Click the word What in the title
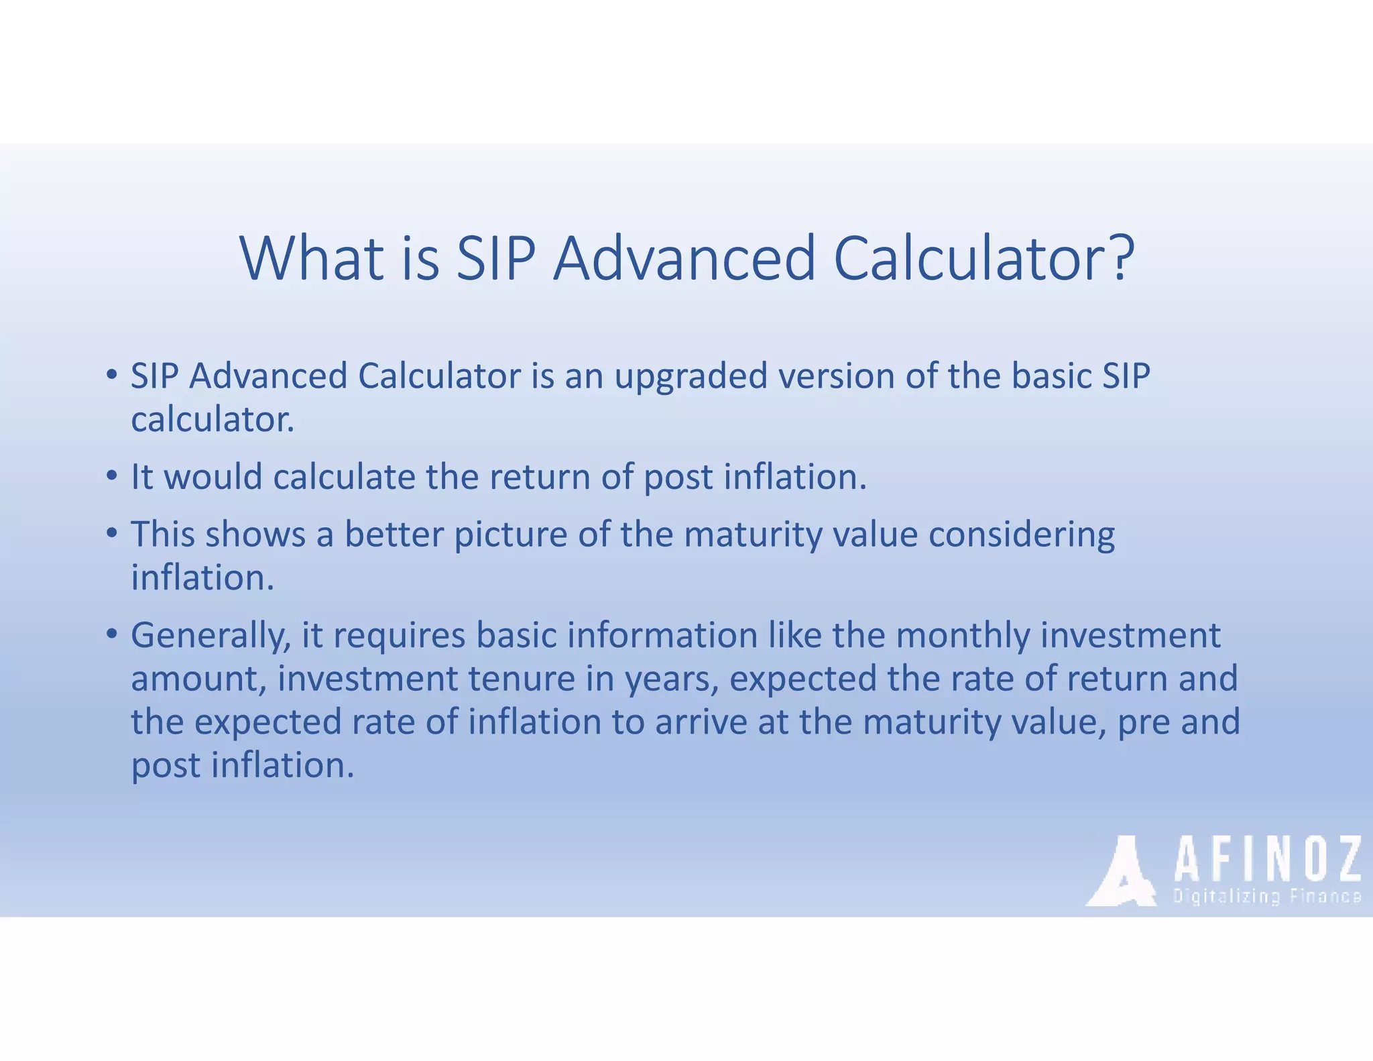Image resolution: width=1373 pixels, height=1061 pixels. point(312,258)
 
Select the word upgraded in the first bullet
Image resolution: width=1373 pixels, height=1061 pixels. point(691,377)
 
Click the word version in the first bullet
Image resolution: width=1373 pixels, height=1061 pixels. point(836,376)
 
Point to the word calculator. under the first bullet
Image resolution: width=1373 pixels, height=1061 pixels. point(213,421)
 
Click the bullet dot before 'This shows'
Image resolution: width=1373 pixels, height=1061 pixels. point(112,534)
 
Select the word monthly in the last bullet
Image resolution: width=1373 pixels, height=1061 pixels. point(962,636)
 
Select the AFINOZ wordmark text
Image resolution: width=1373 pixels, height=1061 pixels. point(1267,860)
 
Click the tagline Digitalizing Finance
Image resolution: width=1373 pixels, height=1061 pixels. point(1266,897)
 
